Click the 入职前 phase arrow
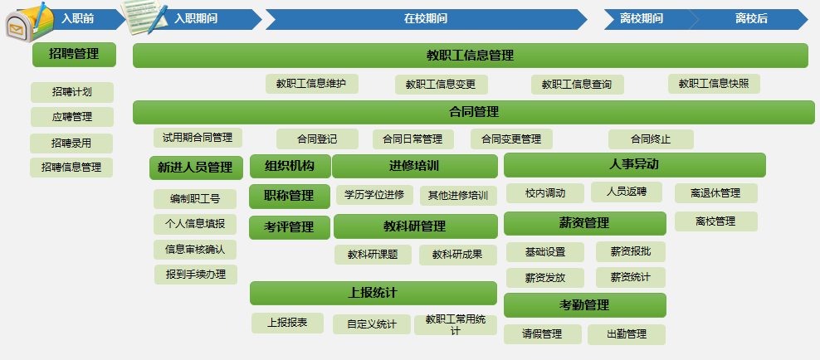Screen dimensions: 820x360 coord(79,19)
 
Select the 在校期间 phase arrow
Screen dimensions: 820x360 coord(426,19)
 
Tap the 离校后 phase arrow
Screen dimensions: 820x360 coord(751,19)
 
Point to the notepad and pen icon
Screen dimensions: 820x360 coord(144,17)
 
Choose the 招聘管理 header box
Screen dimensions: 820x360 coord(74,55)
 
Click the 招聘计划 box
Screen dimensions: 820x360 coord(72,92)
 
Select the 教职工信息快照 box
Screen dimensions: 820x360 coord(714,84)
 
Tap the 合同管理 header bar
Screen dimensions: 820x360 coord(474,112)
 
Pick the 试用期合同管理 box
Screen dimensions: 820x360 coord(198,138)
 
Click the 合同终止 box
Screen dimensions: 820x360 coord(651,139)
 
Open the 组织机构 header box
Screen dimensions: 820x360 coord(290,166)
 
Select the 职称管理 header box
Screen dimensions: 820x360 coord(290,196)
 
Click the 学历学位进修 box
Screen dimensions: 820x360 coord(374,196)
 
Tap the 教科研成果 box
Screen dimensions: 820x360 coord(457,255)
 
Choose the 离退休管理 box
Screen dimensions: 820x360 coord(716,193)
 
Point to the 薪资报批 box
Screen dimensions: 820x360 coord(631,252)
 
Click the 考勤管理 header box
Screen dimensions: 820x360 coord(584,305)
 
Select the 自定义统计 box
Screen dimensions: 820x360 coord(372,324)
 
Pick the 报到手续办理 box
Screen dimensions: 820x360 coord(196,275)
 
